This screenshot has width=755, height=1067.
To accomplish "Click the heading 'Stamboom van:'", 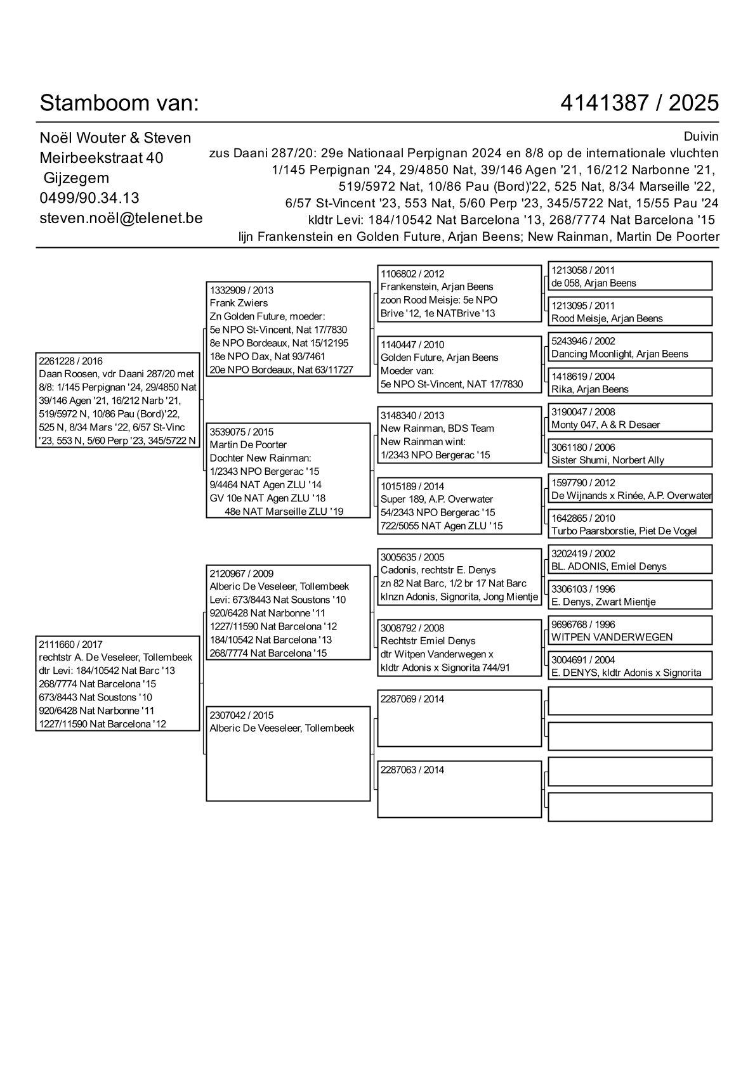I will (119, 103).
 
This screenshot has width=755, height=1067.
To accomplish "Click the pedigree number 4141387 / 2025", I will (640, 103).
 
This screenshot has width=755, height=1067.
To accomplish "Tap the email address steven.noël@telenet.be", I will (121, 218).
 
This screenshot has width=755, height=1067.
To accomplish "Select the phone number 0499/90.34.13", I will (89, 198).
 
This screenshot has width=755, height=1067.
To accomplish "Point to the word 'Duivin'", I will (701, 136).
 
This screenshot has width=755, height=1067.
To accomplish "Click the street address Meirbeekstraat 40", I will (102, 158).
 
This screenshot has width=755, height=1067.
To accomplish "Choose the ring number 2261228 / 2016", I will (70, 361).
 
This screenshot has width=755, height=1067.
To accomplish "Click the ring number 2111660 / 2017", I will (70, 644).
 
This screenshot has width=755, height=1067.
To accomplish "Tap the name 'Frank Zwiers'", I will (239, 303).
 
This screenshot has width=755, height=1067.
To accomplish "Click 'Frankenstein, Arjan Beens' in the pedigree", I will (437, 287).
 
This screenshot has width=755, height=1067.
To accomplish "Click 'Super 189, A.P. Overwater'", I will (437, 500).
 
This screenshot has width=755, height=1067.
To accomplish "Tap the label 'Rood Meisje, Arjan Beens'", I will (607, 319).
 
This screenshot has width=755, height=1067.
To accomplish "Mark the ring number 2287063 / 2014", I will (412, 770).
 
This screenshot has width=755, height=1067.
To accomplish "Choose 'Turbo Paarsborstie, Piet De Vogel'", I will (624, 531).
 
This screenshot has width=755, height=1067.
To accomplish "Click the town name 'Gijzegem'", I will (76, 178).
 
